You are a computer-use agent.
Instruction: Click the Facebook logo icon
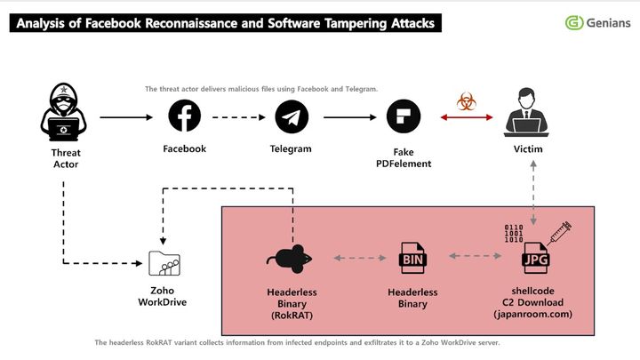tap(185, 116)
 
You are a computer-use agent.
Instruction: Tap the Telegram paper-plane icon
tap(291, 116)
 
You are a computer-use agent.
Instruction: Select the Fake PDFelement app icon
tap(403, 116)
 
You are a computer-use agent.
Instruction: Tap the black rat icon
tap(291, 258)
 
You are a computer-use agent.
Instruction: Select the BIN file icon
tap(414, 259)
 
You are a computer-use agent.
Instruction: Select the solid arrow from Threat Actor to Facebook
tap(128, 116)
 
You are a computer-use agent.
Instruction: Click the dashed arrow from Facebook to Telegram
tap(237, 116)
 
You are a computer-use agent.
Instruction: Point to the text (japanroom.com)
tap(534, 314)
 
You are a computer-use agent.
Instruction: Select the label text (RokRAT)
tap(292, 314)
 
